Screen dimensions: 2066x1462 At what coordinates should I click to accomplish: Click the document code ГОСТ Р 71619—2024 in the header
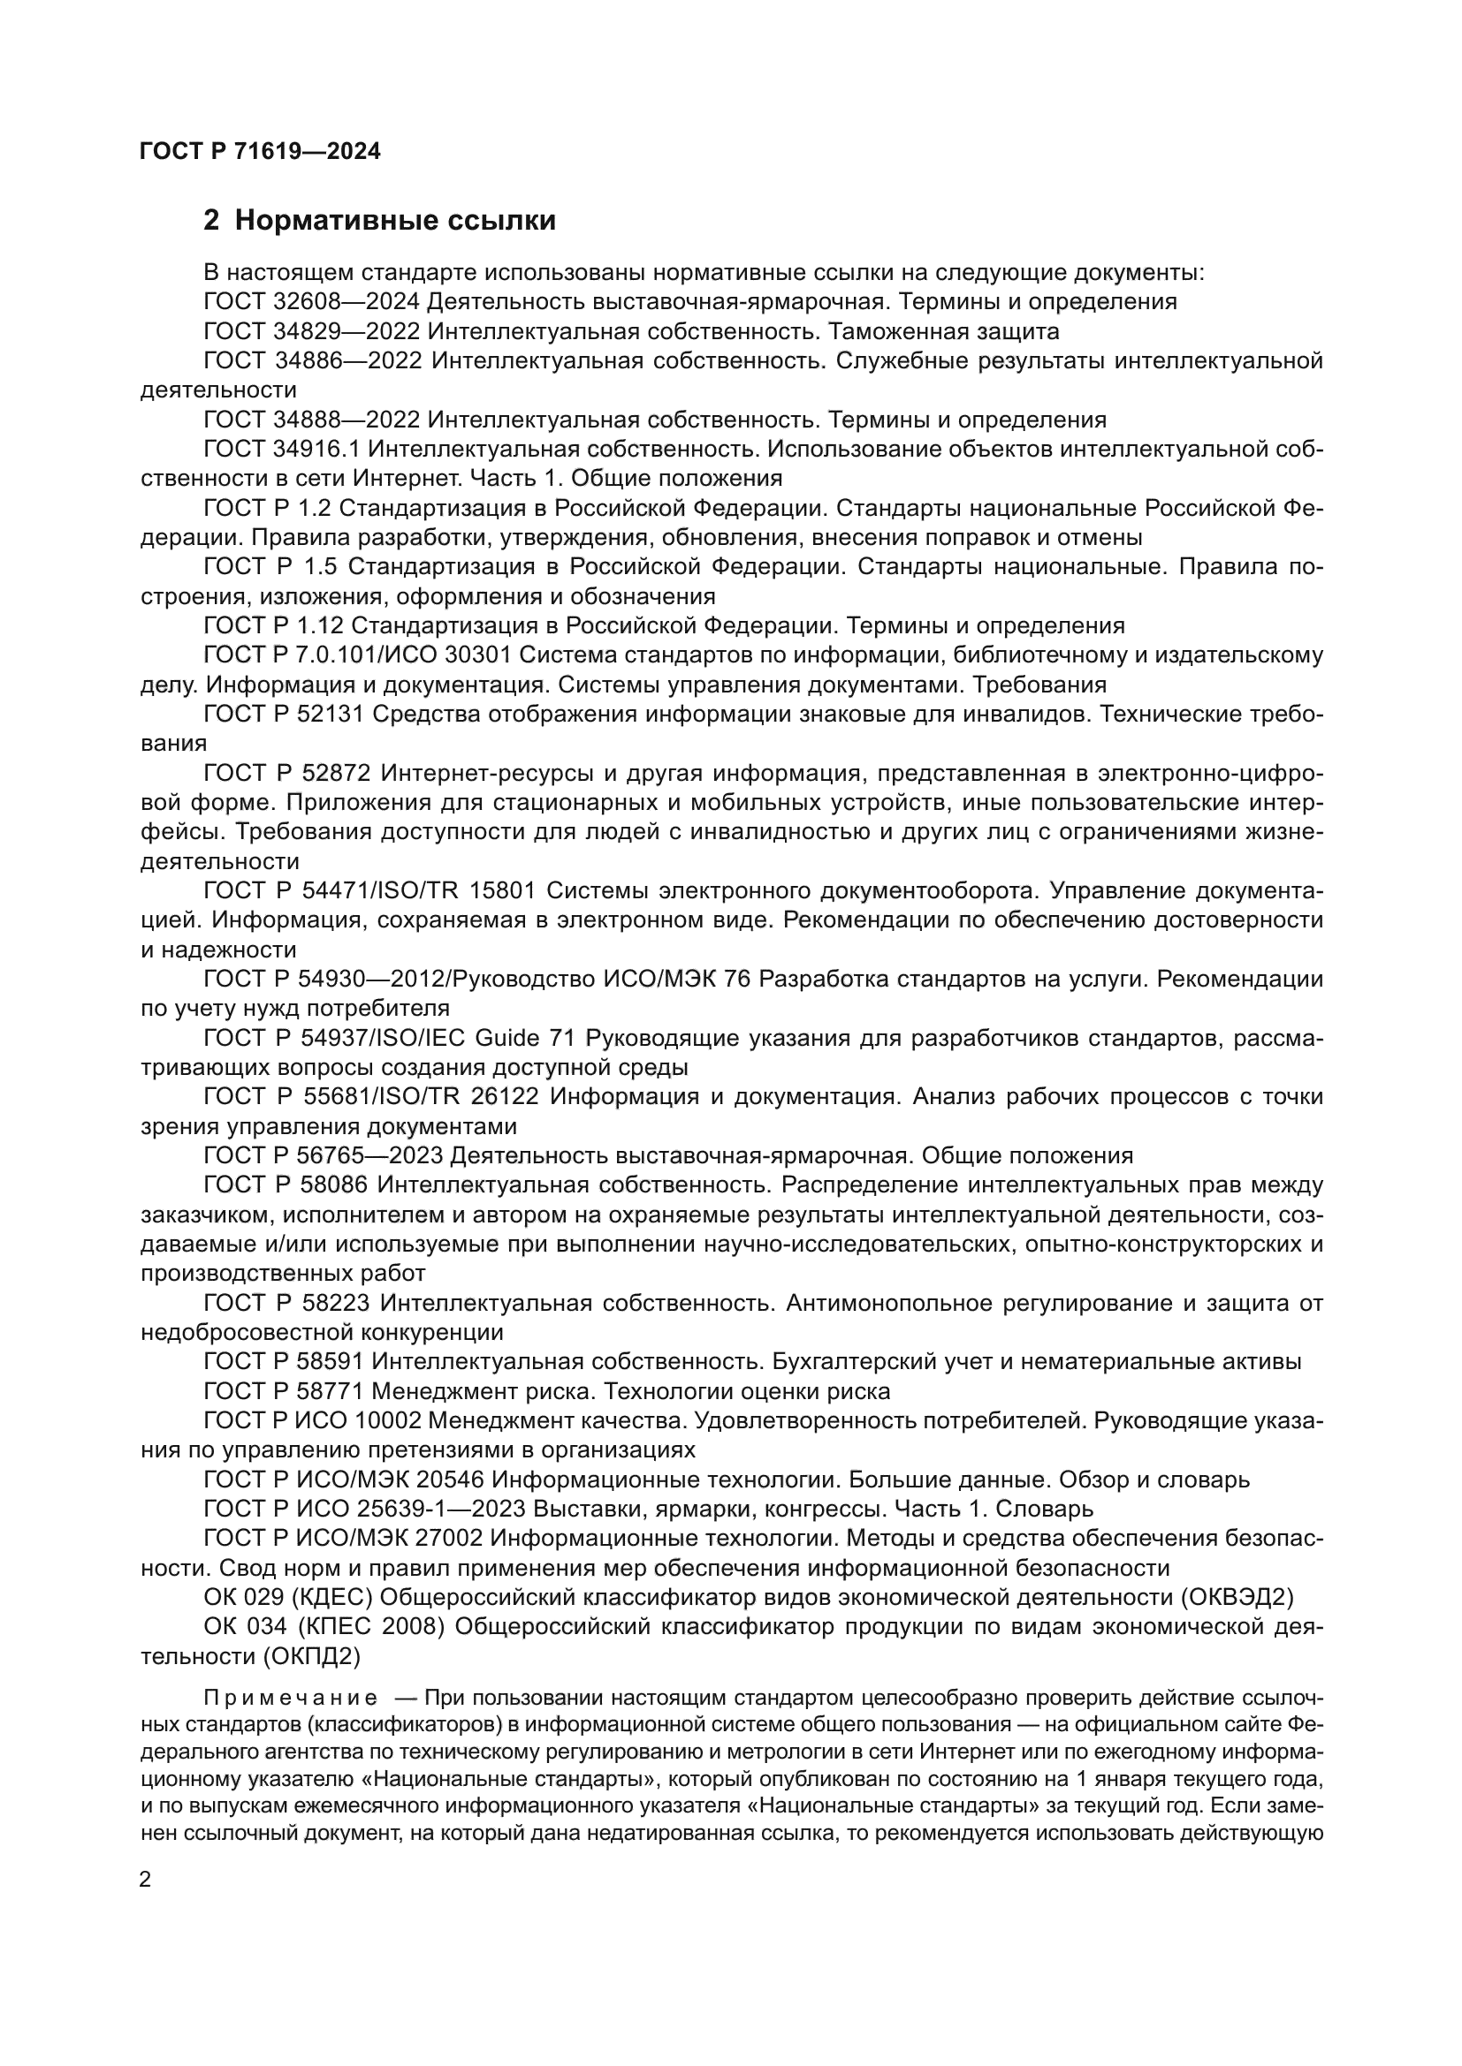[x=260, y=151]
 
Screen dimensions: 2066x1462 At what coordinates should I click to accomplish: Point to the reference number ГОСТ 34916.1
[x=282, y=449]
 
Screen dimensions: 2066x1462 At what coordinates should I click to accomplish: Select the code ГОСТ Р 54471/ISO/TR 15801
[x=369, y=891]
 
